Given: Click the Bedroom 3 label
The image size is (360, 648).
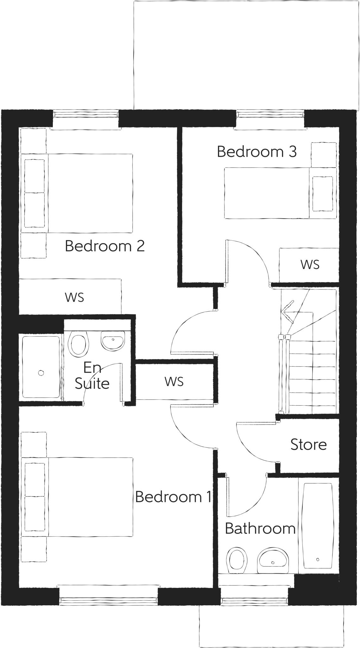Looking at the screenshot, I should [257, 152].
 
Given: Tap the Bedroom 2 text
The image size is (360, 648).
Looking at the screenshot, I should [105, 246].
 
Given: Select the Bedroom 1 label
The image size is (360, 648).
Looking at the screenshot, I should [173, 497].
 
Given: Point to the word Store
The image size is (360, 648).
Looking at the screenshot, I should [308, 445].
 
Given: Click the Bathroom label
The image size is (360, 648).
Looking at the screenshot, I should [260, 528].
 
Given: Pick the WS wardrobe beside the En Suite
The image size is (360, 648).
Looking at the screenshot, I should [174, 382].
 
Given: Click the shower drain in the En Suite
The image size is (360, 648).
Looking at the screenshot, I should [41, 373].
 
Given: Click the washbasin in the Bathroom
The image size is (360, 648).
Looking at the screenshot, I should [273, 560].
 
